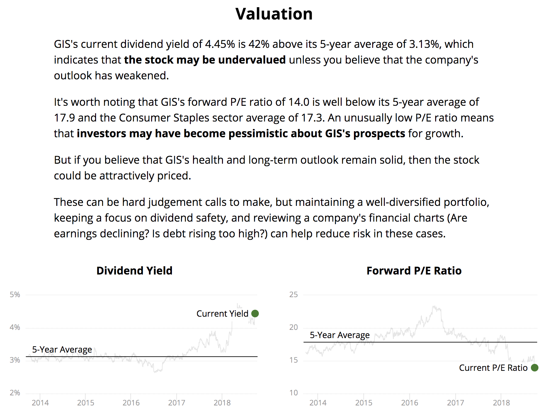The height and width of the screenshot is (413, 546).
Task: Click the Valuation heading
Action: point(274,14)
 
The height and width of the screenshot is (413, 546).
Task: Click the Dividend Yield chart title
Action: point(134,271)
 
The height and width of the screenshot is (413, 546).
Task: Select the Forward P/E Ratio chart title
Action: point(414,271)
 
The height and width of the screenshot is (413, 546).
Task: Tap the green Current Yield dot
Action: point(255,314)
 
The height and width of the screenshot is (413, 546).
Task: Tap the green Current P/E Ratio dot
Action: point(534,368)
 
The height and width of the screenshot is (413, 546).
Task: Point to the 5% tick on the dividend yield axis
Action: point(15,295)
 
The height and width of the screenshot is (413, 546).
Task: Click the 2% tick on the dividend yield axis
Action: point(15,393)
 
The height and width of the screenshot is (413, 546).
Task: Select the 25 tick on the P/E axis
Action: point(293,295)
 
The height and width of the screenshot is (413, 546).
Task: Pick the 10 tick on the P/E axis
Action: point(293,393)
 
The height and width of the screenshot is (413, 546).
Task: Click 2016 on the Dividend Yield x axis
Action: point(131,403)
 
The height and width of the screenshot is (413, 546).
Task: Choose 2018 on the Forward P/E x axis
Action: point(501,403)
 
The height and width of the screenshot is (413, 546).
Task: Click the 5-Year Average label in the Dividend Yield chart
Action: point(62,350)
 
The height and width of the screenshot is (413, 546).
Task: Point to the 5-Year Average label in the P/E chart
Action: point(339,335)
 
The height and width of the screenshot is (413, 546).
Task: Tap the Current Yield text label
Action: point(222,314)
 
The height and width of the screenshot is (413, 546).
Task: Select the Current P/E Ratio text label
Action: point(493,368)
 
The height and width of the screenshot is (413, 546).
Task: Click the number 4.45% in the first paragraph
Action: point(220,44)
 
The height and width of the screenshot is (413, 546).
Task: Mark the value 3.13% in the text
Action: point(424,44)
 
